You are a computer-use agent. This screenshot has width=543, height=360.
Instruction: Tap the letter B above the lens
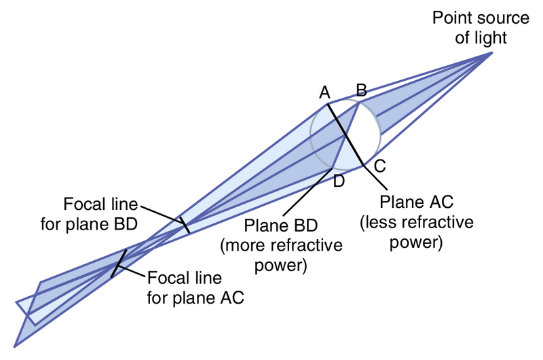pos(362,89)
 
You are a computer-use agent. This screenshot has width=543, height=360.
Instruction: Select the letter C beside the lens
pos(380,165)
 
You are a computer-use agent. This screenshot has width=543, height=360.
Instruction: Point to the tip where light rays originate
pos(492,52)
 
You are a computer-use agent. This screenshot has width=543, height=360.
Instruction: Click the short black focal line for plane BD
pos(183,225)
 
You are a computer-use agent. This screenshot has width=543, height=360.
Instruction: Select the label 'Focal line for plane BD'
pos(100,213)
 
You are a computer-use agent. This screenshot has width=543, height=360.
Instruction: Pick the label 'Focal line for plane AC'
pos(195,287)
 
